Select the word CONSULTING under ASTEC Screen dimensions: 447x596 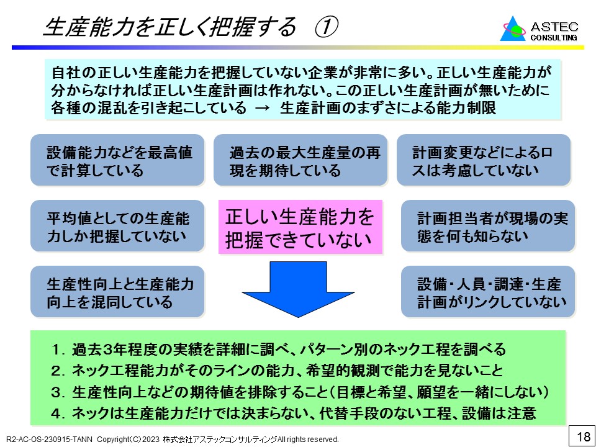click(x=554, y=37)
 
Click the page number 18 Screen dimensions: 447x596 click(x=583, y=436)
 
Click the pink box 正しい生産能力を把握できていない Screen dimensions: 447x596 click(x=299, y=227)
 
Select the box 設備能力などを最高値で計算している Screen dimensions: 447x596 click(x=117, y=160)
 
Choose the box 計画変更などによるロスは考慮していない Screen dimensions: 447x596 click(x=483, y=160)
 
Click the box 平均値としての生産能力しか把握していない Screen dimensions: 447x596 click(x=117, y=226)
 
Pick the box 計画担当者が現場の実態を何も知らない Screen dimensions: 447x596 click(x=487, y=226)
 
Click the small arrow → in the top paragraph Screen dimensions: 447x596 click(x=263, y=108)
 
